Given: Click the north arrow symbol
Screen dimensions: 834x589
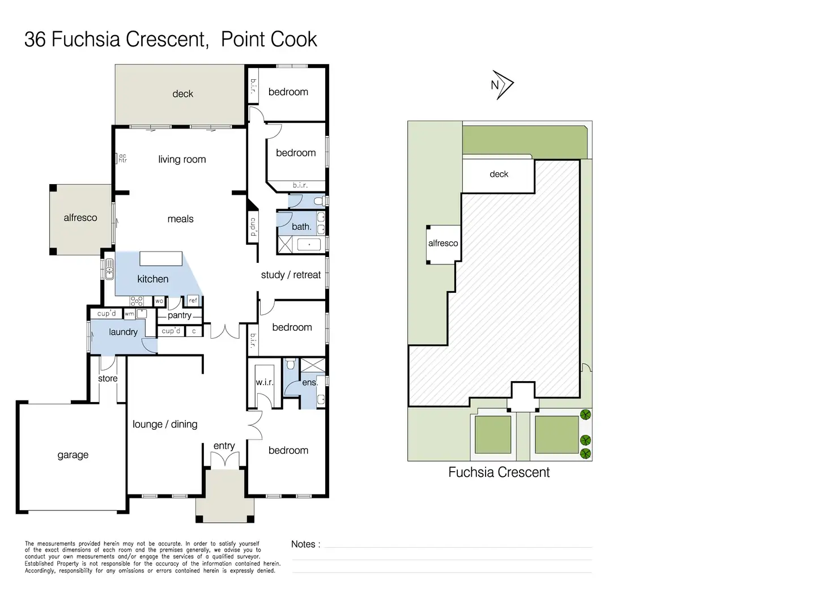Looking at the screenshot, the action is pos(503,85).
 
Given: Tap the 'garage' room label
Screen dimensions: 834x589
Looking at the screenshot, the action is pos(73,455).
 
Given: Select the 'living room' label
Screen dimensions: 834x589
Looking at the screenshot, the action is pos(182,159).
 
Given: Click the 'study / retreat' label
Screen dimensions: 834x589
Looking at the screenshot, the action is pos(291,275).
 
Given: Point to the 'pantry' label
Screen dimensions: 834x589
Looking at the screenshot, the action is pos(180,315).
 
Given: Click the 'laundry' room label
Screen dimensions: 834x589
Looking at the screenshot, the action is pos(124,332).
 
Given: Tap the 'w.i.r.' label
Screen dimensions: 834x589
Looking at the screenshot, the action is pos(265,382).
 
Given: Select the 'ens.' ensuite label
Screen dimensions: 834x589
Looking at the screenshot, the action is pos(309,382).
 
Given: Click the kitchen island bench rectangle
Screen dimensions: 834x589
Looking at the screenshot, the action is pos(161,259).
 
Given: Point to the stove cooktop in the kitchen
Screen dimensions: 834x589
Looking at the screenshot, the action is pos(137,301).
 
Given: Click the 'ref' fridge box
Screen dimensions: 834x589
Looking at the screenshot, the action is pos(193,300).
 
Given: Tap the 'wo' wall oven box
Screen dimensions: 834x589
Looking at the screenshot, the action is pos(159,301).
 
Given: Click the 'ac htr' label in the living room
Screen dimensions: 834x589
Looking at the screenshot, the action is pos(122,158).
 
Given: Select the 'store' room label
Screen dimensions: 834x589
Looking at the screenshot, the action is pos(108,378).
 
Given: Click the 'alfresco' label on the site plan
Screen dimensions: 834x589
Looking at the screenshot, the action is pos(443,244).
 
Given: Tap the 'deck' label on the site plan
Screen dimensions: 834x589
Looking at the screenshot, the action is pos(499,174).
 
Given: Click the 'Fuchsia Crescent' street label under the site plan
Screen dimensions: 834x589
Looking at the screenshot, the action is pos(499,472).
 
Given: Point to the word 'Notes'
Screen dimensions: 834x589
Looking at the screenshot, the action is pos(303,544).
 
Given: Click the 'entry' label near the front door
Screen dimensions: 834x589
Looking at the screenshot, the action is pos(224,446).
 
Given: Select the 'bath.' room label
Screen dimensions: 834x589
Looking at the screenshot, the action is pos(301,227).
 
